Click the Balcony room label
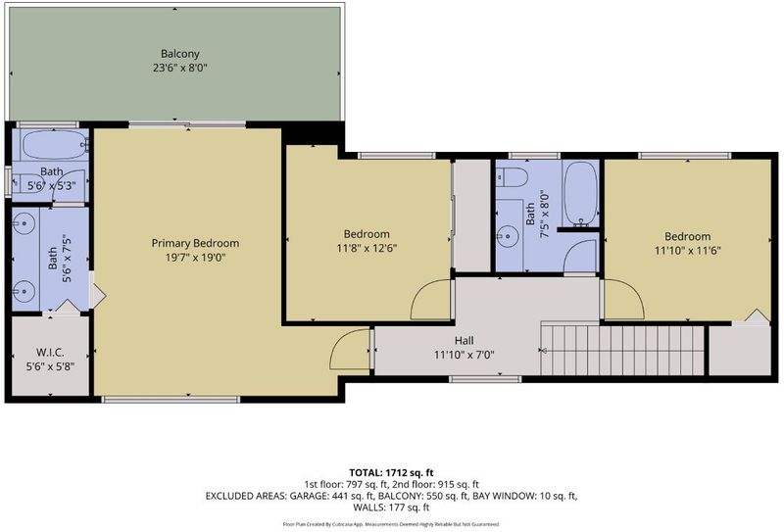click(x=180, y=54)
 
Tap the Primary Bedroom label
click(x=195, y=244)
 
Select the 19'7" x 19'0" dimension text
click(x=195, y=258)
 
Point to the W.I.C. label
click(x=50, y=353)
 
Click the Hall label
click(x=464, y=341)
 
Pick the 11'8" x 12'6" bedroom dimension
click(x=367, y=249)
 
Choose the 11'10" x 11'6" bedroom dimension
click(x=688, y=251)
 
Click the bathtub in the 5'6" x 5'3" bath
click(x=55, y=145)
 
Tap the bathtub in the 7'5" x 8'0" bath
click(x=580, y=194)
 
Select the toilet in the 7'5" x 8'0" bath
click(x=512, y=177)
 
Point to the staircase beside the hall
click(x=623, y=350)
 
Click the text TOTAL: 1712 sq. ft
click(x=391, y=472)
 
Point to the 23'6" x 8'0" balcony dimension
click(x=180, y=68)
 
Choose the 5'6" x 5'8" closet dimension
click(x=50, y=366)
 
